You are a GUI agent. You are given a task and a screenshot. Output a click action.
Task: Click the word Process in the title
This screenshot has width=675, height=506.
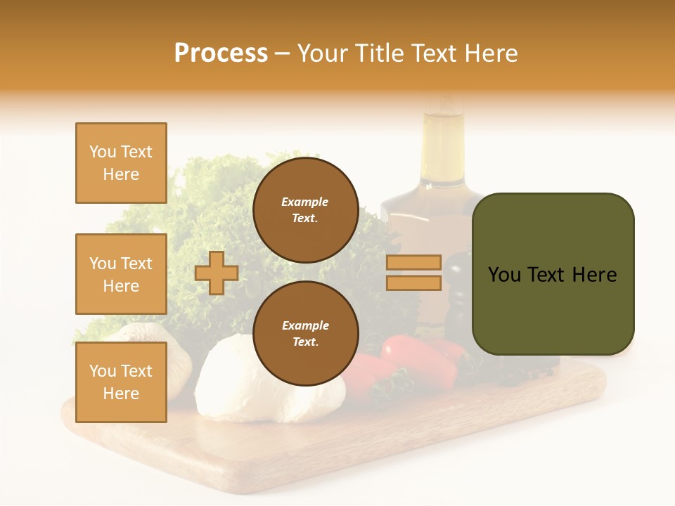coord(221,53)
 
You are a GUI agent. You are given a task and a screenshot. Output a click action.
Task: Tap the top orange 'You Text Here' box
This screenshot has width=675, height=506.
coord(121,163)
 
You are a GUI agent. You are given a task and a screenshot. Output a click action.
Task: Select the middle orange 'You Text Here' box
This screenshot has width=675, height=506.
coord(121,274)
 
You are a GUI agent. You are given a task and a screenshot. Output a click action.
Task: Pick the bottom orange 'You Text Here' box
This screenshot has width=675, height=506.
coord(121,382)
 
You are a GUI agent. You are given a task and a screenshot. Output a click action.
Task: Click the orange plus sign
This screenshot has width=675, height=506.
coord(217,273)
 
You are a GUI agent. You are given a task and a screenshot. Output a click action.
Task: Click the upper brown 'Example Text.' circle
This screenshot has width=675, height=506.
coord(305,210)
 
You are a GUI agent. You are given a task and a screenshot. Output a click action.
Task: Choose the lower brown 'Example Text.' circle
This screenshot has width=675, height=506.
coord(305,334)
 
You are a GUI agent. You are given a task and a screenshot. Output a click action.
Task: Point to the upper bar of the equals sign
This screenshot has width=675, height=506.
coord(413,262)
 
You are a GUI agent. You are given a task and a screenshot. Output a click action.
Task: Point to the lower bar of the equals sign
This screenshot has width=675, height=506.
coord(413,283)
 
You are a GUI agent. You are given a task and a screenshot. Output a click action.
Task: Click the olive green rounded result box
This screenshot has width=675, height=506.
coord(553,274)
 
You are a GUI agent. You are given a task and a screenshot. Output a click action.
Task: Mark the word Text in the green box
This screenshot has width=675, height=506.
coord(551,275)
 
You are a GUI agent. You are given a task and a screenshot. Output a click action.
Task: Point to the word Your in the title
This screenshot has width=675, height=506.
coord(323,53)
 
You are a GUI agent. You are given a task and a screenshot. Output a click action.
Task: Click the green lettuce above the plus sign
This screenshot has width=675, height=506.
coord(211,204)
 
